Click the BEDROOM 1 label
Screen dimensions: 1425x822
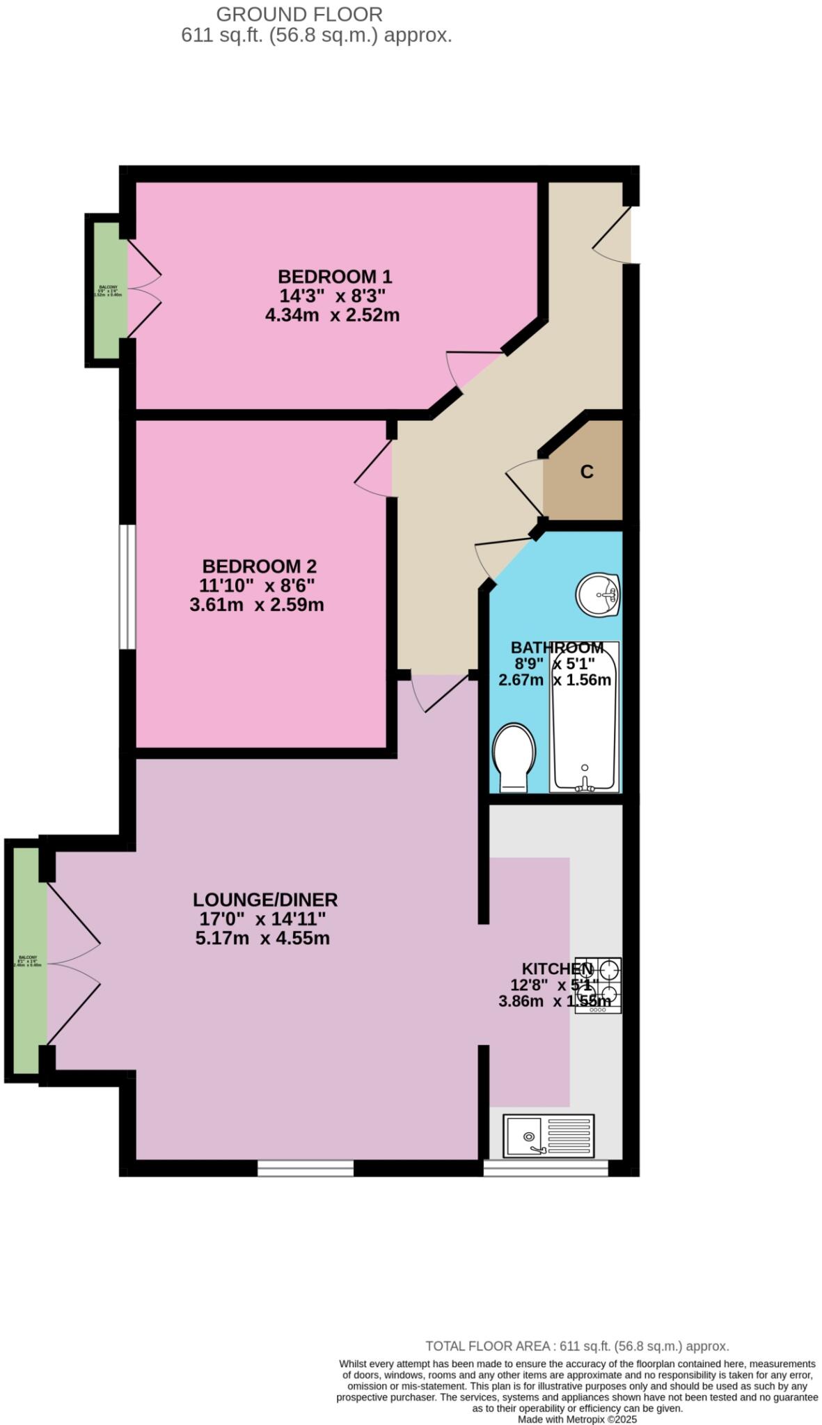[x=335, y=276]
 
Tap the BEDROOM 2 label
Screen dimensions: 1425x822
[x=260, y=566]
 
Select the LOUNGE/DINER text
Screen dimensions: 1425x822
[x=265, y=899]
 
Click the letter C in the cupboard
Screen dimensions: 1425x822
[x=587, y=472]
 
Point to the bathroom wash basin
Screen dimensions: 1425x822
[x=598, y=595]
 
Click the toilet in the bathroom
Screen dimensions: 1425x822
[x=514, y=758]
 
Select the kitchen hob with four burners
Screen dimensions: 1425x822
[x=599, y=985]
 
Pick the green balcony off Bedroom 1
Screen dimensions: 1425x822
[x=107, y=290]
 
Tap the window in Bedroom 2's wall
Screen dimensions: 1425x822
[x=127, y=586]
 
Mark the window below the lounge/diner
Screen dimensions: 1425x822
[x=306, y=1167]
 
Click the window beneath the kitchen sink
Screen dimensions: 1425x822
[x=546, y=1167]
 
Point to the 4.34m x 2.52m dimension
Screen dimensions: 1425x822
[x=332, y=315]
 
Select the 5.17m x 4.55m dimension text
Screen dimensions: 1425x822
[x=262, y=938]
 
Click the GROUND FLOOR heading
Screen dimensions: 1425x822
[x=299, y=14]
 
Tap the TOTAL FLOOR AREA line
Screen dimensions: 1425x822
[x=577, y=1346]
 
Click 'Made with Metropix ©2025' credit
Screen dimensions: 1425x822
[x=577, y=1419]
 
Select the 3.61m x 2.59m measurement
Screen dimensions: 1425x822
[x=257, y=605]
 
